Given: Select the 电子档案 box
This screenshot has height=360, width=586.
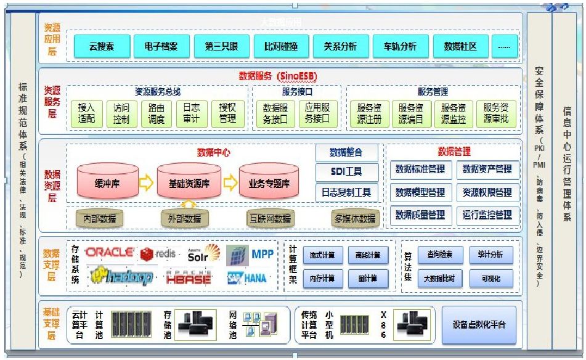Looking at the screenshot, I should point(161,47).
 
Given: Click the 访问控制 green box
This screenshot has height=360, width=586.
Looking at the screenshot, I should point(121,113).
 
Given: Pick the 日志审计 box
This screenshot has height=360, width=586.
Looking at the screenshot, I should point(192,113).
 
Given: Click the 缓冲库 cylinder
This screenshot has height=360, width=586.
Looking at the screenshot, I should point(107,183).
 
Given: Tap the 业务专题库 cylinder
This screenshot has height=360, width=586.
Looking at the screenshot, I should point(269,183).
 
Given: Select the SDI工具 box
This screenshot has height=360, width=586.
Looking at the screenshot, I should point(346,172).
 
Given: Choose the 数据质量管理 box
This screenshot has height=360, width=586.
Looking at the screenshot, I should point(420,215).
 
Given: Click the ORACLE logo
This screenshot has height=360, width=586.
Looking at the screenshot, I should point(109,252).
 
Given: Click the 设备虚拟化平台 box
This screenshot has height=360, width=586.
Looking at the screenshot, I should point(479,324).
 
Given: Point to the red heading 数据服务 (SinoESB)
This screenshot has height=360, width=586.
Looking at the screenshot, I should point(277,76).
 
